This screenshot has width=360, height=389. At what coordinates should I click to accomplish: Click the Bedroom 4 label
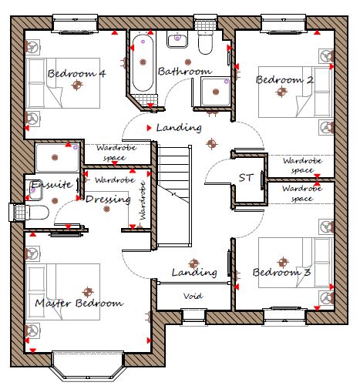(76, 73)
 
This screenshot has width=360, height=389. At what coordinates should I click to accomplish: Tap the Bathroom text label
(185, 71)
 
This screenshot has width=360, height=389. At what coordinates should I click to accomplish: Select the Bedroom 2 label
(284, 79)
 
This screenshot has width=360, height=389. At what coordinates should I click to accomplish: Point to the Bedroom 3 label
(282, 272)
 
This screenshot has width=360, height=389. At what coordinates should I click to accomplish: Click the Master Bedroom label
(79, 303)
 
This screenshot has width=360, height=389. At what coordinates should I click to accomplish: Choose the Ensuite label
(52, 185)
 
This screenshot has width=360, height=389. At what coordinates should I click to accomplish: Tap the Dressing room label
(108, 200)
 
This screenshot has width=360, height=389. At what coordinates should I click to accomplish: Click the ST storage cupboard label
(246, 178)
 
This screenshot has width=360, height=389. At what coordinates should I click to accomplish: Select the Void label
(193, 296)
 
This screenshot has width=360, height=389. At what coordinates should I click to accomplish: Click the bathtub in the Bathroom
(143, 62)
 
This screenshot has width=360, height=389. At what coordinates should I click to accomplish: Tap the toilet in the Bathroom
(205, 42)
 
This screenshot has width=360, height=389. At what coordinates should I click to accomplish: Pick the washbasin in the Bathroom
(177, 39)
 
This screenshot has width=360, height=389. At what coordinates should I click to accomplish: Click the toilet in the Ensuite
(38, 213)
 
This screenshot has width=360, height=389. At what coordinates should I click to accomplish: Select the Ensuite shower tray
(57, 158)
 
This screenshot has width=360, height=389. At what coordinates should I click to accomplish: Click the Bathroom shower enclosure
(215, 92)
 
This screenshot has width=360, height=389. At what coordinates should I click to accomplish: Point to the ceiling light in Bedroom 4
(76, 85)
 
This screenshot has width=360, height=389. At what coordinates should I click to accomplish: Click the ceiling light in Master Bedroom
(88, 292)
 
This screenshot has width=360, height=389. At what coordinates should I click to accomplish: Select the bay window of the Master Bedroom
(88, 366)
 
